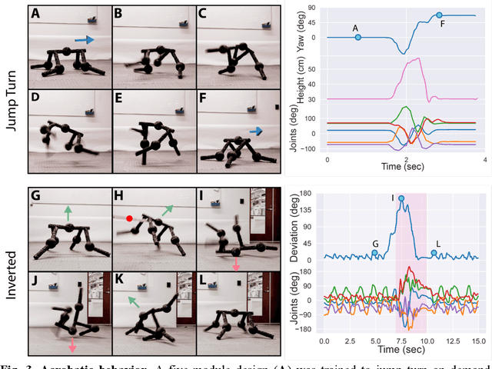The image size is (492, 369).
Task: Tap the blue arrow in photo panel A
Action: pyautogui.click(x=85, y=38)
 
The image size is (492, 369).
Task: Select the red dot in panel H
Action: pyautogui.click(x=129, y=218)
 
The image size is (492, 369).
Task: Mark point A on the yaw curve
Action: pyautogui.click(x=357, y=36)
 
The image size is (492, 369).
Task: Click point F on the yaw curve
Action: pyautogui.click(x=439, y=15)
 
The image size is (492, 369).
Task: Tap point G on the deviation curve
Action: pyautogui.click(x=374, y=253)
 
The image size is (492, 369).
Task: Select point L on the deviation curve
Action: pyautogui.click(x=434, y=253)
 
